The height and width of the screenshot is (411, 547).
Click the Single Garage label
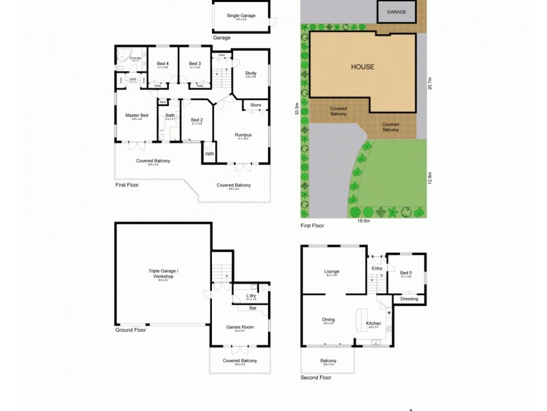241,15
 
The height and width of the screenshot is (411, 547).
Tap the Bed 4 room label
163,64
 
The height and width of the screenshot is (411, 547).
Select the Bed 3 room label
195,64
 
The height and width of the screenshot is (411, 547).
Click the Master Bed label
137,115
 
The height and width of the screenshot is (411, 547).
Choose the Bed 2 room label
197,120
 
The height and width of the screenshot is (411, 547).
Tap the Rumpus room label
243,135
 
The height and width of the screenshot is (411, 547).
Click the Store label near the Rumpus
256,105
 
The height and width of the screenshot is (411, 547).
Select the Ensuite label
135,58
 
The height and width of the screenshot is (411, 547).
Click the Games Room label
240,327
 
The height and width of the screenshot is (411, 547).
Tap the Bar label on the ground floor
252,308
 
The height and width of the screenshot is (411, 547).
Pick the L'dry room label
251,295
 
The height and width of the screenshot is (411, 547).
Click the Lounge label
332,271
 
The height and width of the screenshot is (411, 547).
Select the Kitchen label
374,323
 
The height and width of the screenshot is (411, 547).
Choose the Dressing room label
409,299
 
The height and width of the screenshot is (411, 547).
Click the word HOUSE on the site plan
362,67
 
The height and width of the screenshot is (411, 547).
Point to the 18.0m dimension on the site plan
363,221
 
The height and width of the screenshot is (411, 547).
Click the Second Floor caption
316,377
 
